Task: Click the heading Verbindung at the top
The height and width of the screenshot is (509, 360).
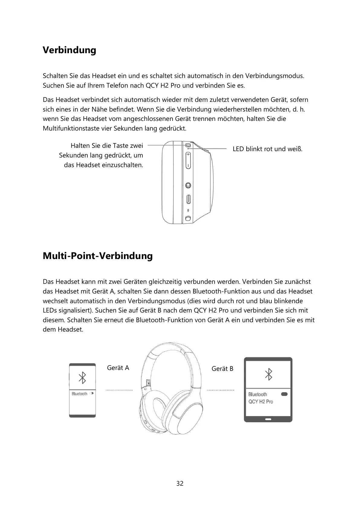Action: click(69, 50)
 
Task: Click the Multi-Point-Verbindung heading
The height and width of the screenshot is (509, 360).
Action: click(98, 256)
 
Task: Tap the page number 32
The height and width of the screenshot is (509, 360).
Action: click(180, 483)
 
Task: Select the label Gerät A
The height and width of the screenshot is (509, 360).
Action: click(118, 368)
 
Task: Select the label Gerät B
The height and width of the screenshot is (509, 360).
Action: click(222, 369)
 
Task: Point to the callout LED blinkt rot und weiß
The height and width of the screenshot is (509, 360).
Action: click(268, 149)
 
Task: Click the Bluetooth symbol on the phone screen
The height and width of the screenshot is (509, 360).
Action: click(82, 378)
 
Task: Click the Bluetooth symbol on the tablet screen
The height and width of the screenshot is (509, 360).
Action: click(268, 374)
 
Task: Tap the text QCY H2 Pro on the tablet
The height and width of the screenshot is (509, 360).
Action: click(261, 402)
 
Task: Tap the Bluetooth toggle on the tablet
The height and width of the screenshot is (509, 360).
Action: click(284, 394)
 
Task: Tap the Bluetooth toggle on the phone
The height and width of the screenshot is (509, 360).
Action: click(92, 394)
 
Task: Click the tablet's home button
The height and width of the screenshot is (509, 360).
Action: click(268, 419)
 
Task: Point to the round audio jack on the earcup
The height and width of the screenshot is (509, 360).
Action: click(188, 185)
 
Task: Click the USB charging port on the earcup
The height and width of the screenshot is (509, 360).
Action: click(188, 199)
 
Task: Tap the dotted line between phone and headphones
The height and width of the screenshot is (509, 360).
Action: click(119, 390)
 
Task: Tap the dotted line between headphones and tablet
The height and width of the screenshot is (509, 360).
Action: click(220, 390)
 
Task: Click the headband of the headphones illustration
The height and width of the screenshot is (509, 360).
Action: click(171, 348)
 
